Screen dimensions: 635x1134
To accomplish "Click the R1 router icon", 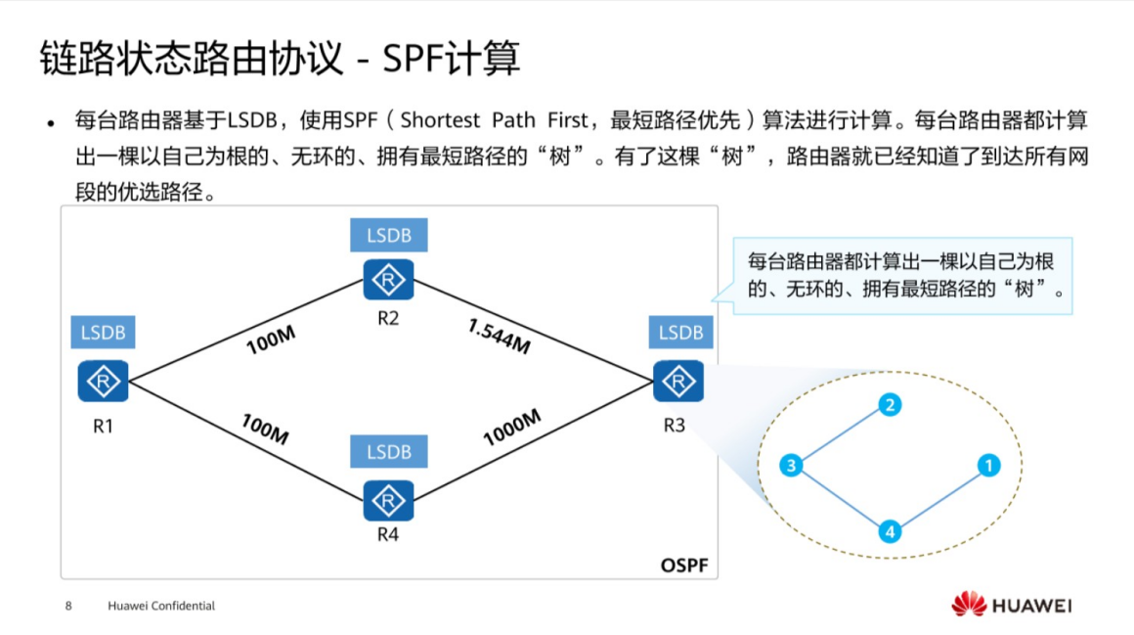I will pyautogui.click(x=103, y=381).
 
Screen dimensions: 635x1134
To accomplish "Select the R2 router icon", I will pyautogui.click(x=388, y=281).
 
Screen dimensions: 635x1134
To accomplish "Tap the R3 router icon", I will pyautogui.click(x=678, y=381).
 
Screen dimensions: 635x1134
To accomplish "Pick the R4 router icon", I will pyautogui.click(x=388, y=500).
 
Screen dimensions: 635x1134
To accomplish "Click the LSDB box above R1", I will pyautogui.click(x=103, y=333).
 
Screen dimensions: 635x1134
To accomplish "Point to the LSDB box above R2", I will pyautogui.click(x=388, y=236).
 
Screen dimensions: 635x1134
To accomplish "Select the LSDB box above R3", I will pyautogui.click(x=680, y=333).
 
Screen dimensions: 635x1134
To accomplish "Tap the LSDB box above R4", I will pyautogui.click(x=388, y=452).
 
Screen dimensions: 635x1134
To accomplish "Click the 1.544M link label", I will pyautogui.click(x=499, y=336).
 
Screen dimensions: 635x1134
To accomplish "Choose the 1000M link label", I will pyautogui.click(x=511, y=429).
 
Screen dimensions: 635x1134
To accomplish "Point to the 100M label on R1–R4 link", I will pyautogui.click(x=265, y=429).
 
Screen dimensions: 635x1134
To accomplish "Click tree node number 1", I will pyautogui.click(x=989, y=466).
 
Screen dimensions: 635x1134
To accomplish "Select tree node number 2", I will pyautogui.click(x=889, y=405).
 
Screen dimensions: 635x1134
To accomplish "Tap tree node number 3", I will pyautogui.click(x=791, y=466).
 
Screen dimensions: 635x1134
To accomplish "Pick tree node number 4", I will pyautogui.click(x=889, y=532).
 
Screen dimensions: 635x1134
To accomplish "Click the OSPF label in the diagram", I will pyautogui.click(x=682, y=566).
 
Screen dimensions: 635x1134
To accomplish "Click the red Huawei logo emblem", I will pyautogui.click(x=969, y=604).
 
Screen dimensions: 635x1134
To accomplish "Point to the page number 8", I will pyautogui.click(x=68, y=606).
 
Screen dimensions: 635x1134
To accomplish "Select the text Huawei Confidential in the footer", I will pyautogui.click(x=161, y=606).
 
